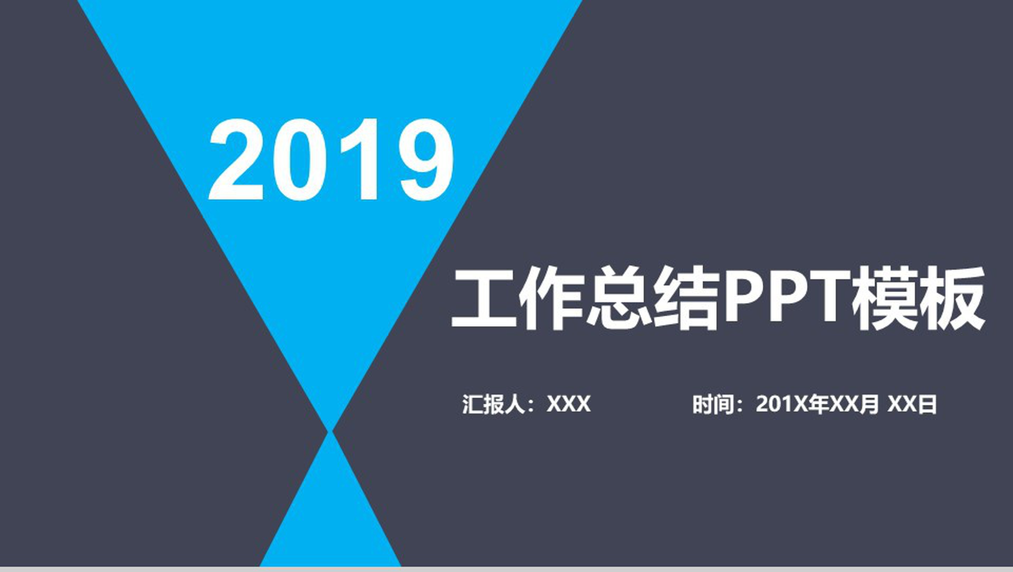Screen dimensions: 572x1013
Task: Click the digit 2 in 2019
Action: tap(236, 160)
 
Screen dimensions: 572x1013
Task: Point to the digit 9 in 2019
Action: tap(425, 160)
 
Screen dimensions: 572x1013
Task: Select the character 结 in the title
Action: tap(687, 298)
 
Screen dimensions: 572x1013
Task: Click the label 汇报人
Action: tap(494, 404)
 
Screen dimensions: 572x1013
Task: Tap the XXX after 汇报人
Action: tap(568, 404)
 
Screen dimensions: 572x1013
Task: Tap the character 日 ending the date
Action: tap(927, 404)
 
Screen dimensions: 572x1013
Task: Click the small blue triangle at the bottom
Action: tap(331, 518)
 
